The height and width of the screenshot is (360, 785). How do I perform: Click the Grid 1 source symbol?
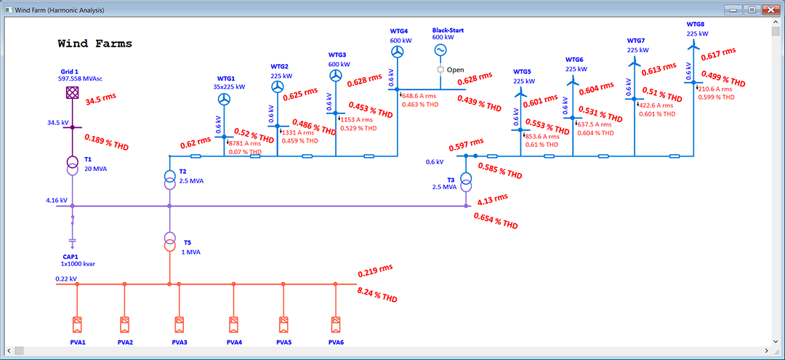72,93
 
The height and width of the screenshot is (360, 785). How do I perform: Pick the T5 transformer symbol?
169,242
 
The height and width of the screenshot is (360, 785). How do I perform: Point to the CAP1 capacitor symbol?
72,240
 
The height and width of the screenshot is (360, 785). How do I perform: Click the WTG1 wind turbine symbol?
225,99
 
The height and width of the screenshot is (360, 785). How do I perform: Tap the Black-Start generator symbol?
440,50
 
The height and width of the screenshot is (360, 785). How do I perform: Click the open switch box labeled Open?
440,70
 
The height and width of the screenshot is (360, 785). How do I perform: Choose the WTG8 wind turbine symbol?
693,45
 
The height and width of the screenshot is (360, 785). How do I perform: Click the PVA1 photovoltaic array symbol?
77,324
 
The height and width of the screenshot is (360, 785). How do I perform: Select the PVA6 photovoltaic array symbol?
335,324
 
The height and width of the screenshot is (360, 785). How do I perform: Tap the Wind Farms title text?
95,44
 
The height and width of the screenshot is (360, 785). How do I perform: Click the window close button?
769,10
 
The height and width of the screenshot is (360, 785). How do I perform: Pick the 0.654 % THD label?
496,221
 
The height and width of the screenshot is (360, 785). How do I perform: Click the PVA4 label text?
233,343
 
